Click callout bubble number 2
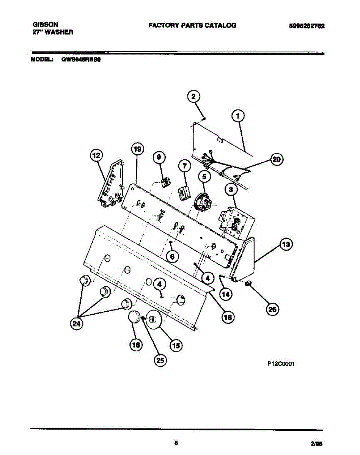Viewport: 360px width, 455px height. pyautogui.click(x=193, y=97)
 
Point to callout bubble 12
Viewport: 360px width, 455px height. pyautogui.click(x=96, y=155)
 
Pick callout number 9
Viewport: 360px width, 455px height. pyautogui.click(x=159, y=157)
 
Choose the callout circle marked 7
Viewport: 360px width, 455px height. pyautogui.click(x=184, y=166)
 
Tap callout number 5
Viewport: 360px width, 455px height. pyautogui.click(x=204, y=176)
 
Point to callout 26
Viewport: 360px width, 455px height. pyautogui.click(x=272, y=309)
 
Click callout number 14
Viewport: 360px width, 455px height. pyautogui.click(x=226, y=293)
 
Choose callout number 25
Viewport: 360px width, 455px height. pyautogui.click(x=161, y=361)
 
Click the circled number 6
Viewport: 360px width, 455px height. pyautogui.click(x=172, y=257)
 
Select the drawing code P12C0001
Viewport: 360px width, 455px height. pyautogui.click(x=281, y=363)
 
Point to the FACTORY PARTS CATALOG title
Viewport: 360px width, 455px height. pyautogui.click(x=192, y=25)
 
